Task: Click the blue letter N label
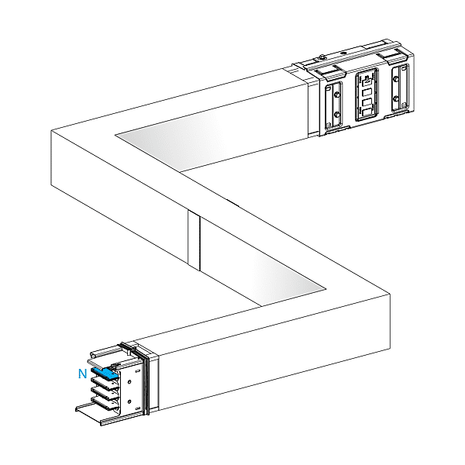pyautogui.click(x=82, y=374)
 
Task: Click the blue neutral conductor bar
pyautogui.click(x=105, y=373)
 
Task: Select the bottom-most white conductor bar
pyautogui.click(x=103, y=404)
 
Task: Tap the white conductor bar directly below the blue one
pyautogui.click(x=104, y=383)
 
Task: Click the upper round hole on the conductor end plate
pyautogui.click(x=129, y=382)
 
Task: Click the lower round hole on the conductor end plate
pyautogui.click(x=129, y=401)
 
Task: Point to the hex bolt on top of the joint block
pyautogui.click(x=322, y=57)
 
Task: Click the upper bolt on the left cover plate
pyautogui.click(x=336, y=95)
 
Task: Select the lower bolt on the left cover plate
pyautogui.click(x=336, y=114)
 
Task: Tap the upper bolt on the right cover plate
pyautogui.click(x=395, y=79)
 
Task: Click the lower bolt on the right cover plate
pyautogui.click(x=395, y=98)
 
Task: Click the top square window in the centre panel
pyautogui.click(x=366, y=92)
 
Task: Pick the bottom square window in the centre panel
pyautogui.click(x=367, y=112)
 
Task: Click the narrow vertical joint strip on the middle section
pyautogui.click(x=194, y=240)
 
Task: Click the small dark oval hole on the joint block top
pyautogui.click(x=343, y=53)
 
